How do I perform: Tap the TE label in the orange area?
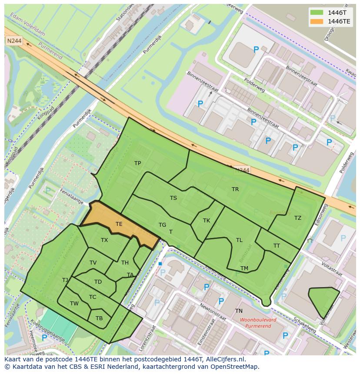[x=119, y=224]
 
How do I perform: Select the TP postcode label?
[x=137, y=163]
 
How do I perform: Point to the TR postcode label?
[x=235, y=189]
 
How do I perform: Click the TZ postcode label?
[x=297, y=218]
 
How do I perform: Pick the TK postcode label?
[x=207, y=221]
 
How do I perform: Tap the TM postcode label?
[x=244, y=268]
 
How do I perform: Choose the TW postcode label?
[x=74, y=304]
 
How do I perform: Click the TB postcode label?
[x=99, y=318]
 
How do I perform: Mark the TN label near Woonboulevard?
[x=239, y=311]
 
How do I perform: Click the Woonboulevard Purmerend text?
[x=258, y=322]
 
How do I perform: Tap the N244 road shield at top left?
[x=13, y=40]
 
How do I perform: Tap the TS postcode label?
[x=173, y=198]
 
